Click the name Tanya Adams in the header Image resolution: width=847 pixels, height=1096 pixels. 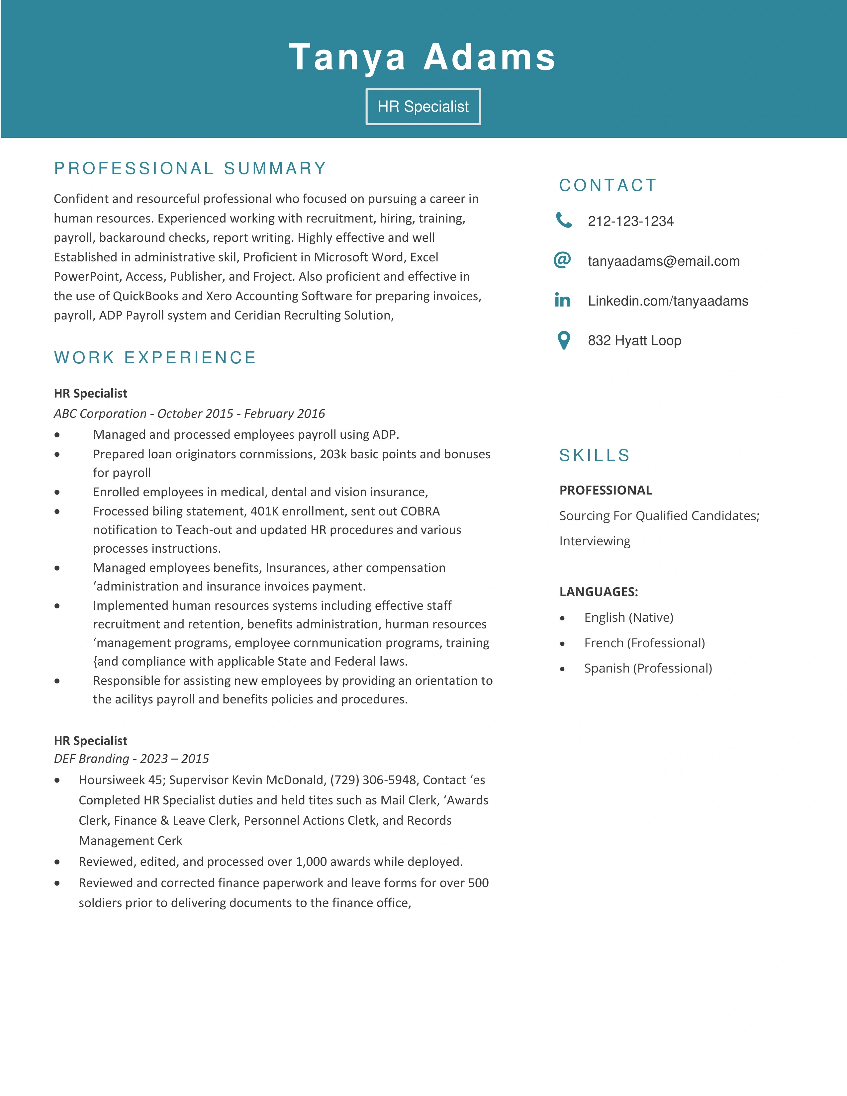click(423, 57)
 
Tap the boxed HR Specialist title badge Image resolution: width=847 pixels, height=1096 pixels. click(423, 106)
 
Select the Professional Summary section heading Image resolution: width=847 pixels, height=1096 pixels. click(190, 168)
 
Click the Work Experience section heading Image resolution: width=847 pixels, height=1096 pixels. click(155, 357)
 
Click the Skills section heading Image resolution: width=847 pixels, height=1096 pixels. click(595, 455)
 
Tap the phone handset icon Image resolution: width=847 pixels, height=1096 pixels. click(563, 220)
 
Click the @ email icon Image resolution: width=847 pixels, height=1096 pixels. click(562, 260)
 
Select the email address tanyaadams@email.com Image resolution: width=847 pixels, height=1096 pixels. click(663, 261)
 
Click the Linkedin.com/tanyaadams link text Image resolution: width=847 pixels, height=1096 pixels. click(668, 301)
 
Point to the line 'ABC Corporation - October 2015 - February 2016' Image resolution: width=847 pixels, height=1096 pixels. click(189, 413)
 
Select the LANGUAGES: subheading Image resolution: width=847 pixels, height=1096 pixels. click(599, 592)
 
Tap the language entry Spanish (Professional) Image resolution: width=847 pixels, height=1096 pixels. click(648, 669)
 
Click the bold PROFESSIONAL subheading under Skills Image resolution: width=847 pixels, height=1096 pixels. click(606, 490)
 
